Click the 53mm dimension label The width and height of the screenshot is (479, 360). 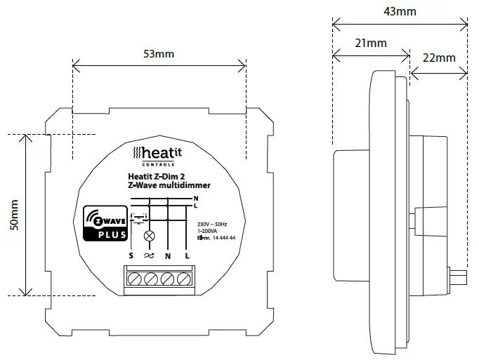coord(159,54)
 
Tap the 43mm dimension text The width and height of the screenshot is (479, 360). coord(400,11)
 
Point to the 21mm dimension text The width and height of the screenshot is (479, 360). coord(371,43)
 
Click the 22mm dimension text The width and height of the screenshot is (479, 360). coord(439,58)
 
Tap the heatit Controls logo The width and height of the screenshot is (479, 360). coord(159,154)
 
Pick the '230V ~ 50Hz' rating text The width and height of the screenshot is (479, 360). coord(217,224)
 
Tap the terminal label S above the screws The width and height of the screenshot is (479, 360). coord(131,256)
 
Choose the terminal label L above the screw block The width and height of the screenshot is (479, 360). coord(187,256)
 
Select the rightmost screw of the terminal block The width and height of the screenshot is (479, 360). coord(184,279)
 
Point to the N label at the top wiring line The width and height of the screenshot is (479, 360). coord(195,199)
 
